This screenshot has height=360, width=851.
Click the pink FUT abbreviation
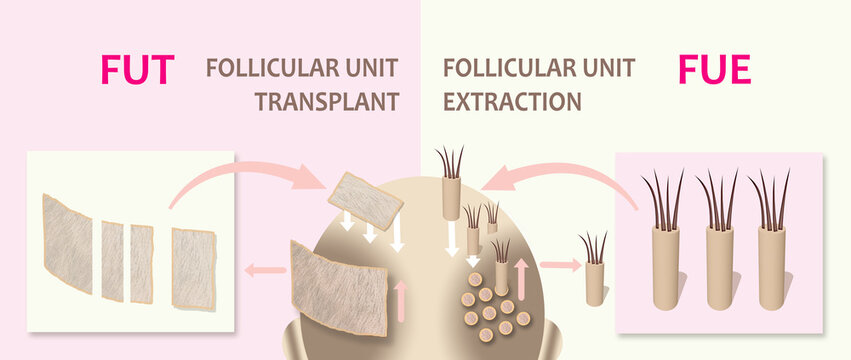coord(137,69)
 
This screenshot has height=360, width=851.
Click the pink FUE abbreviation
coord(713,69)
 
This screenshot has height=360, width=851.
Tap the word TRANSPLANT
coord(327,101)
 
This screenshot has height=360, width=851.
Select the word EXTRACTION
coord(512,101)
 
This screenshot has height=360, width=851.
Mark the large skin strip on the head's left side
coord(338,285)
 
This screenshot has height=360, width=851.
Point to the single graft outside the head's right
coord(594,278)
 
